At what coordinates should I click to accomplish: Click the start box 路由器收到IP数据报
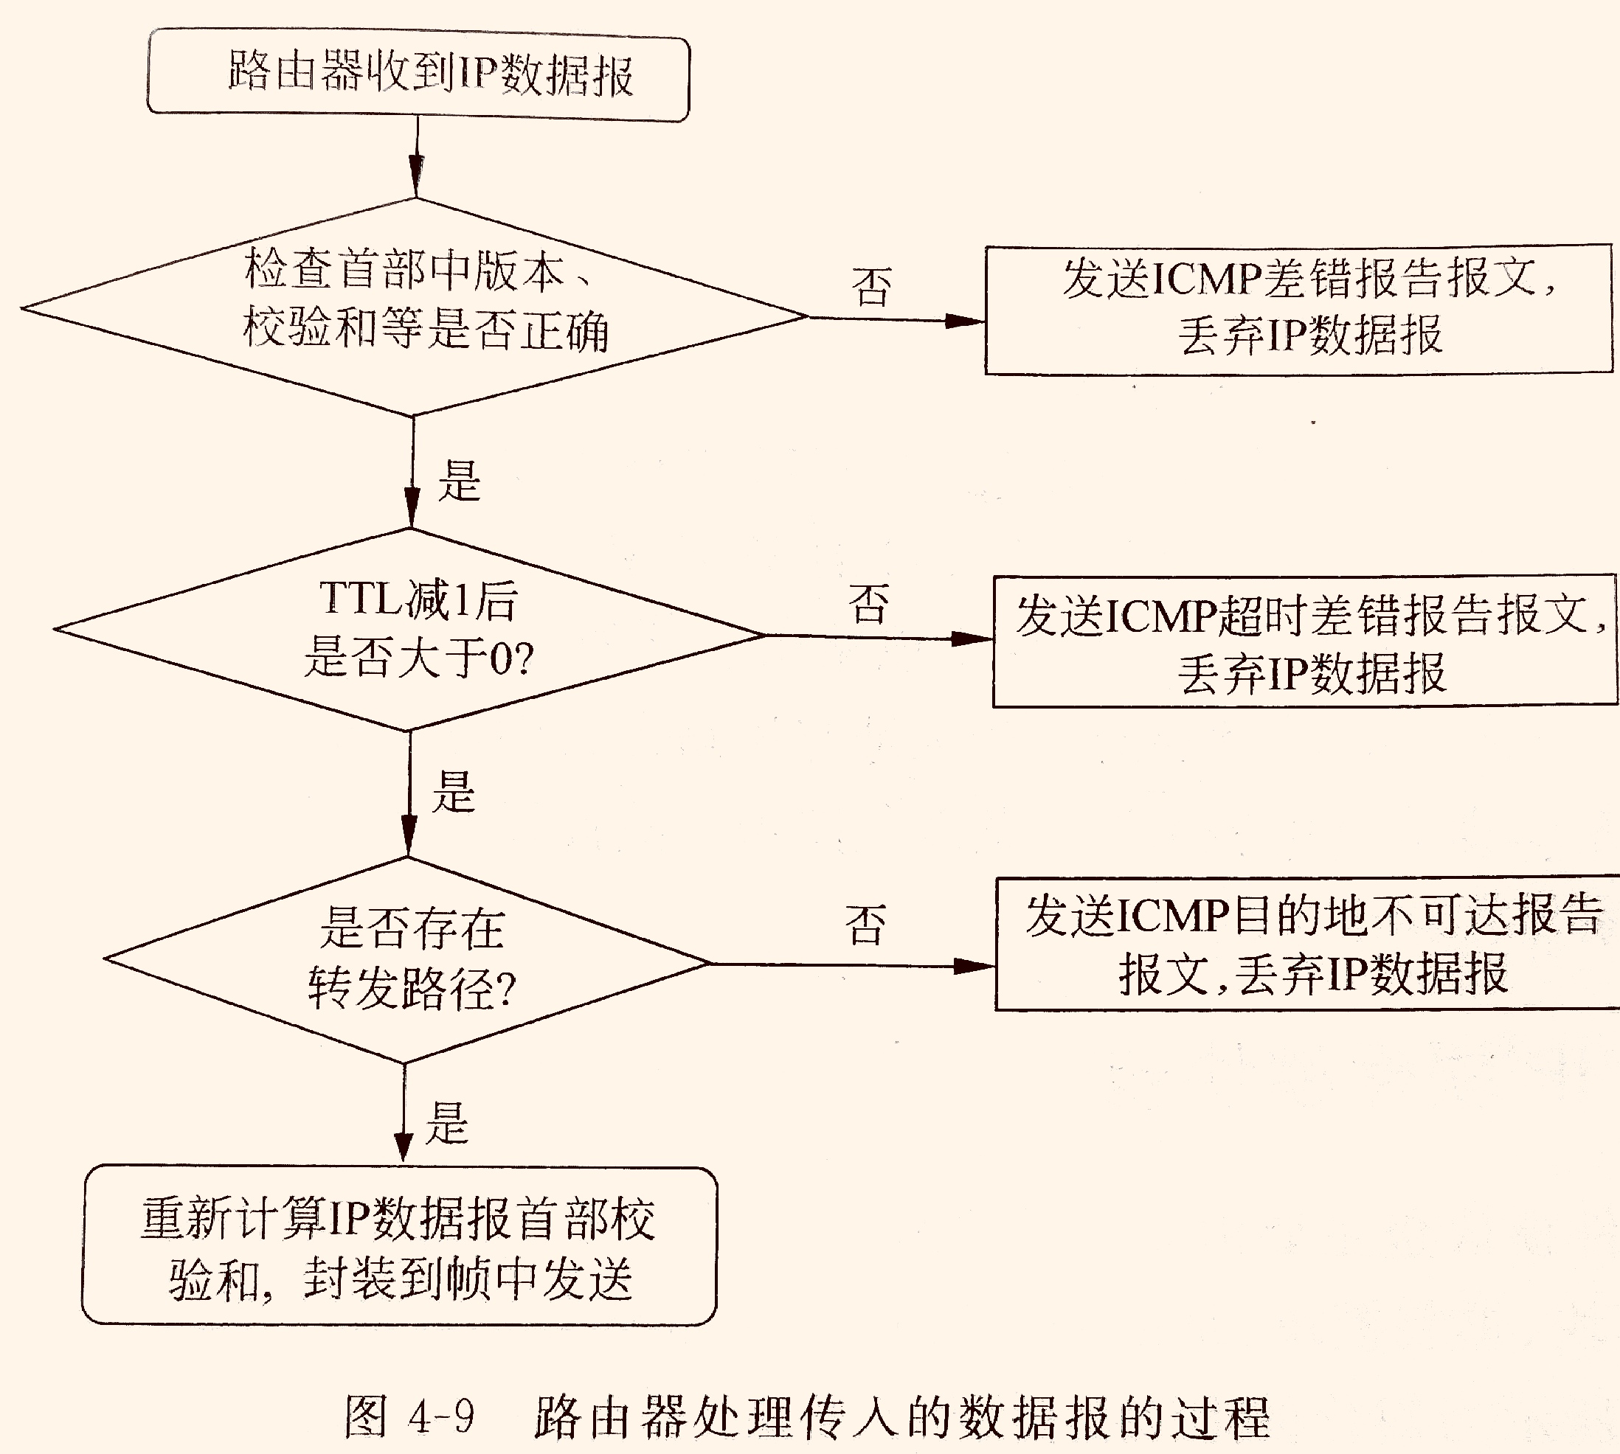pyautogui.click(x=418, y=74)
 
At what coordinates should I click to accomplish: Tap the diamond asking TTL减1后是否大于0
pyautogui.click(x=409, y=630)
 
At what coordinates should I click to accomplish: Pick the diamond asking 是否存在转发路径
pyautogui.click(x=408, y=959)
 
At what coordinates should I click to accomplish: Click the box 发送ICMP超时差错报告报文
pyautogui.click(x=1306, y=641)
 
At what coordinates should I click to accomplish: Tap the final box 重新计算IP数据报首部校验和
pyautogui.click(x=400, y=1245)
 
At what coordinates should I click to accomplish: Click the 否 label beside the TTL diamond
pyautogui.click(x=869, y=604)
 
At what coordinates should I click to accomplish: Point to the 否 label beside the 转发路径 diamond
pyautogui.click(x=865, y=925)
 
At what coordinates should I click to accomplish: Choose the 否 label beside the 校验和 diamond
pyautogui.click(x=871, y=287)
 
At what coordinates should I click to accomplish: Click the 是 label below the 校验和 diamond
pyautogui.click(x=460, y=481)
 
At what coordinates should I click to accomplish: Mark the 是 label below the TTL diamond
pyautogui.click(x=454, y=793)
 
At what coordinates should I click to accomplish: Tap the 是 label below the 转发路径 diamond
pyautogui.click(x=448, y=1122)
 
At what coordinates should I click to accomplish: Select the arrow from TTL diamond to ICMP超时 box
pyautogui.click(x=879, y=638)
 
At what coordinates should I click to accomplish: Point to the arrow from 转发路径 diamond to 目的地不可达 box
pyautogui.click(x=852, y=965)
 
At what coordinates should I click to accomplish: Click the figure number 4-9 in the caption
pyautogui.click(x=441, y=1416)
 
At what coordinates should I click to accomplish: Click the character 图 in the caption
pyautogui.click(x=366, y=1416)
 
